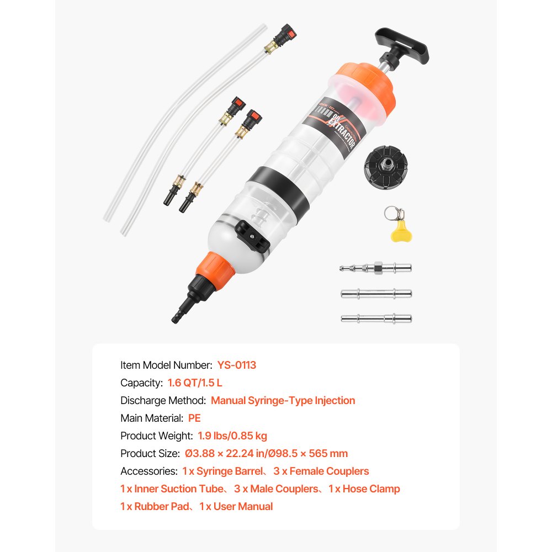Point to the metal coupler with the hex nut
click(x=375, y=268)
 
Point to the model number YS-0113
click(x=236, y=365)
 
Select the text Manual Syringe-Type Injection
click(x=283, y=400)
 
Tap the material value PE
click(x=194, y=418)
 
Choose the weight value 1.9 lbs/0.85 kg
click(x=232, y=436)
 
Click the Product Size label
click(x=150, y=453)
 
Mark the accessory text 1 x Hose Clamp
click(x=364, y=489)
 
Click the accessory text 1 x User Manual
click(x=236, y=506)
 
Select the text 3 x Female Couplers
click(x=321, y=471)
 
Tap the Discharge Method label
click(x=163, y=400)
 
